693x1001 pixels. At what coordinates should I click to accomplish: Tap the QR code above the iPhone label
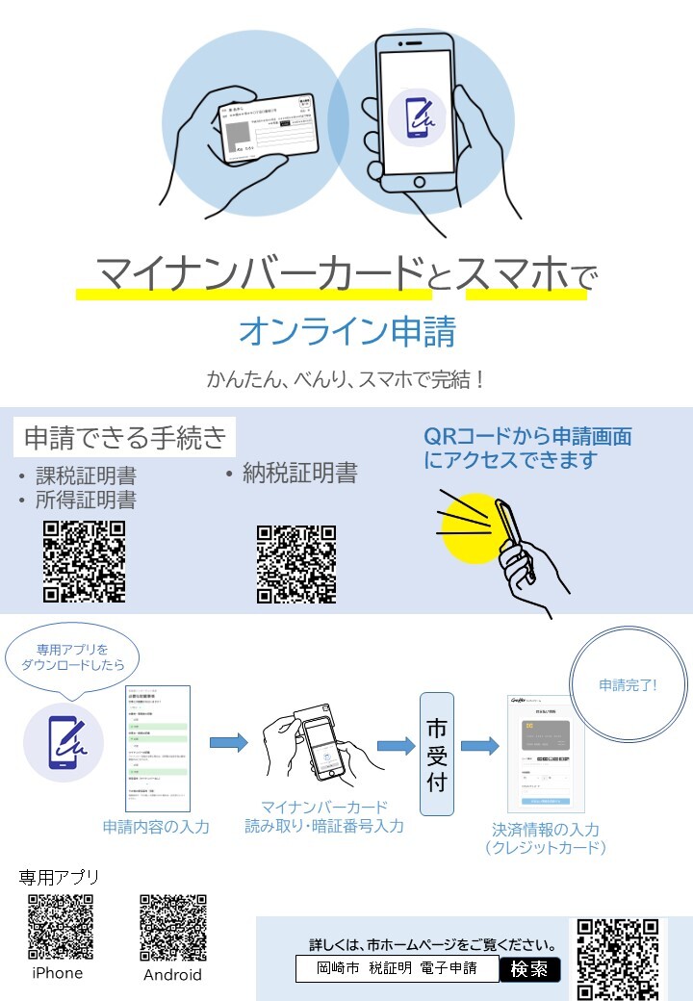61,927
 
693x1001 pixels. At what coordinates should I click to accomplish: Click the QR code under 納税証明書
296,564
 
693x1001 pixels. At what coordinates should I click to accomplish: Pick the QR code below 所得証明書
85,561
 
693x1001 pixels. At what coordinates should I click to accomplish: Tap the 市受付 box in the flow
436,754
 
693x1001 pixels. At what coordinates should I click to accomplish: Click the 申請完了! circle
628,685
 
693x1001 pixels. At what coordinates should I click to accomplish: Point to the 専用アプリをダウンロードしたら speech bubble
73,658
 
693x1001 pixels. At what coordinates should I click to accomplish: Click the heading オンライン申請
346,332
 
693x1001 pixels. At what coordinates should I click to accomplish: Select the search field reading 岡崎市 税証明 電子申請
398,968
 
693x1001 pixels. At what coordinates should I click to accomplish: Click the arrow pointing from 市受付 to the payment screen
478,746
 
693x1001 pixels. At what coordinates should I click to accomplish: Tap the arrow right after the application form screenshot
228,742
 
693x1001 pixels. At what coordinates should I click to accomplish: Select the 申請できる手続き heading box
124,438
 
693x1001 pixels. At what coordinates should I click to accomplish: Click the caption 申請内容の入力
156,827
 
